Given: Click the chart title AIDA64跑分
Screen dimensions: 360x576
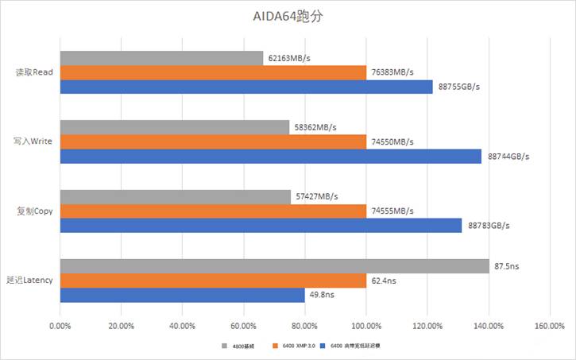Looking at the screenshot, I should click(288, 16).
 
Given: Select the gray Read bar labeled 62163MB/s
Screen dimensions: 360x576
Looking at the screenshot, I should click(161, 58).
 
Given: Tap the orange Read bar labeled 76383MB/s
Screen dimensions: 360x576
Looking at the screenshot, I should click(213, 72).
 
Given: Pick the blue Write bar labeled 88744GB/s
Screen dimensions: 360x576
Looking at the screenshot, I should click(270, 157).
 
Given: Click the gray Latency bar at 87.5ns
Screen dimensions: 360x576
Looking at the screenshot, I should click(274, 266).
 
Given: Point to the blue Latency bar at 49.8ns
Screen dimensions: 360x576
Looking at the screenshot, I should click(182, 296).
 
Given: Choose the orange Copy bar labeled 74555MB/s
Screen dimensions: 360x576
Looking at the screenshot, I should click(213, 211).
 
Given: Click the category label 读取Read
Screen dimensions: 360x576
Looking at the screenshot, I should click(34, 72).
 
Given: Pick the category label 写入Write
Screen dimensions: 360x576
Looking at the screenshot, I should click(33, 141).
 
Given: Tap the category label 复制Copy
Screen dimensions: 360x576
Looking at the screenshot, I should click(34, 211).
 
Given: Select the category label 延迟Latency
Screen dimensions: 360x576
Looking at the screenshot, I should click(29, 281).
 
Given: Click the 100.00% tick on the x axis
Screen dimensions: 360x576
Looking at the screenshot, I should click(366, 326).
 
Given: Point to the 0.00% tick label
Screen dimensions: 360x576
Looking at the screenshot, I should click(60, 326).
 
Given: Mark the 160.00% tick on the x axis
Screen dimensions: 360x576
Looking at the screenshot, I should click(549, 326).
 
